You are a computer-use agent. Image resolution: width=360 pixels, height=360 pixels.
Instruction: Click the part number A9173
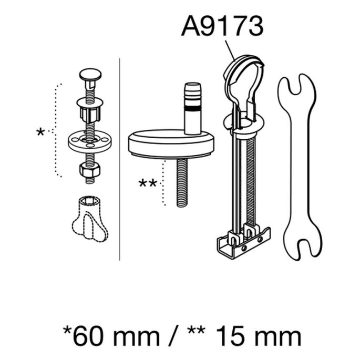point(222,26)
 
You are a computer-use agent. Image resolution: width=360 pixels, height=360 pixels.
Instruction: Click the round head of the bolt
point(90,74)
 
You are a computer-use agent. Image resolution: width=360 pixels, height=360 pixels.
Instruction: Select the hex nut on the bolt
point(90,169)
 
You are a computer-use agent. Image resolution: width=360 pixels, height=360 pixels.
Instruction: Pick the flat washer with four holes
point(90,142)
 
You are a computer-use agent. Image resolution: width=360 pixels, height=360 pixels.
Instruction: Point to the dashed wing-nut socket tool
point(90,219)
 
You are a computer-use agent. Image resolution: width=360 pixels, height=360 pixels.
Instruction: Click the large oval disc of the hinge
point(171,144)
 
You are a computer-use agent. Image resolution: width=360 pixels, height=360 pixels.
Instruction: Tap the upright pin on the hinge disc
point(193,108)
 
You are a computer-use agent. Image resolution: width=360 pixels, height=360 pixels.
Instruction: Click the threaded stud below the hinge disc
point(182,183)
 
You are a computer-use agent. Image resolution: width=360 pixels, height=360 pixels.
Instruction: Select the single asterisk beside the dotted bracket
point(40,132)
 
